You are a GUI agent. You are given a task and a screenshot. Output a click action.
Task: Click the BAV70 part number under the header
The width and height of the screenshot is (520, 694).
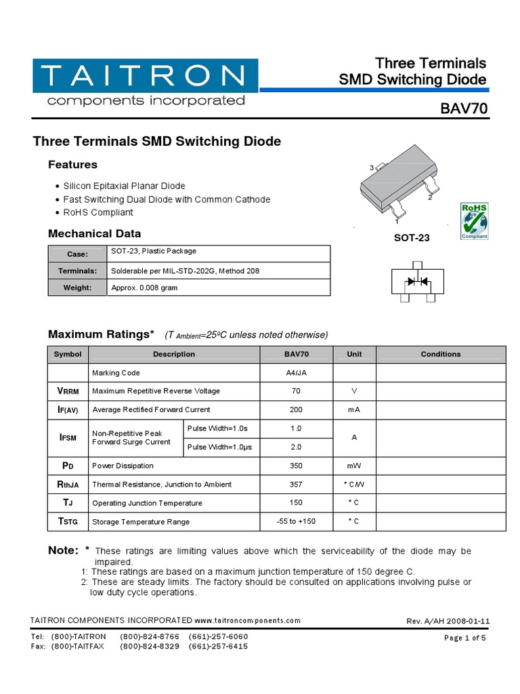pyautogui.click(x=463, y=110)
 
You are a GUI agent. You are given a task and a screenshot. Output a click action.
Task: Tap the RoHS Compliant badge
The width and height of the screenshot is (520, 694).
pyautogui.click(x=474, y=220)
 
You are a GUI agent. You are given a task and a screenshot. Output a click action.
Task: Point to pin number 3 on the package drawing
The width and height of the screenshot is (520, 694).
pyautogui.click(x=372, y=167)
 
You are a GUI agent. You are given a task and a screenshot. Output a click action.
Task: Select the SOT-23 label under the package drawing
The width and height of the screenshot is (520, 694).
pyautogui.click(x=412, y=239)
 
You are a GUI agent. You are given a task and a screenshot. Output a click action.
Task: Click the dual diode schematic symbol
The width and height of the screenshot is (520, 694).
pyautogui.click(x=417, y=281)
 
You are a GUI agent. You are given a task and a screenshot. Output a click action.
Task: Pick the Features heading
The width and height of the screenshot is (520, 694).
pyautogui.click(x=72, y=165)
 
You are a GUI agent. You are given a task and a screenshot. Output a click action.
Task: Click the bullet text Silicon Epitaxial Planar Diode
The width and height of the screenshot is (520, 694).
pyautogui.click(x=124, y=186)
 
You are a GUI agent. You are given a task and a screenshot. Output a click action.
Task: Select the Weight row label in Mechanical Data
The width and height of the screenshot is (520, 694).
pyautogui.click(x=78, y=288)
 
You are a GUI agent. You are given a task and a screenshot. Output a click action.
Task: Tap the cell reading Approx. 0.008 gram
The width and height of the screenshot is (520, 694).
pyautogui.click(x=145, y=288)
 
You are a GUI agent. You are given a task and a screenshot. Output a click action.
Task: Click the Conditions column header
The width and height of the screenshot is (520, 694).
pyautogui.click(x=440, y=354)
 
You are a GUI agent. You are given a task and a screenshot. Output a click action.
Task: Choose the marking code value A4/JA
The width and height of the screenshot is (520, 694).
pyautogui.click(x=297, y=373)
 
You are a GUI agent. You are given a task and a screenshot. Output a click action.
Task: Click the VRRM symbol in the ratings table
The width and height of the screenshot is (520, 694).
pyautogui.click(x=68, y=391)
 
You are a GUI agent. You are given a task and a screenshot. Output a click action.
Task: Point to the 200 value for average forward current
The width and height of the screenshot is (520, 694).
pyautogui.click(x=297, y=409)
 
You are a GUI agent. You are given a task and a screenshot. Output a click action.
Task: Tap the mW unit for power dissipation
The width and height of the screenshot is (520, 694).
pyautogui.click(x=354, y=466)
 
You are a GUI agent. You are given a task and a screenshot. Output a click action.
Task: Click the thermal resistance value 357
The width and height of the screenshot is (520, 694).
pyautogui.click(x=297, y=484)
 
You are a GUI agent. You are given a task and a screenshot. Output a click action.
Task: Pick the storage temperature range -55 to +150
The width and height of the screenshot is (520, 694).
pyautogui.click(x=297, y=521)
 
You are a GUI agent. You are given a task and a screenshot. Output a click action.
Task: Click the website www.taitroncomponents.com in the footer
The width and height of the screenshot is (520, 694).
pyautogui.click(x=248, y=620)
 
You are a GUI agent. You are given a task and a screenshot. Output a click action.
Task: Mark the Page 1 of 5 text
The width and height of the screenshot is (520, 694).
pyautogui.click(x=465, y=638)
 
